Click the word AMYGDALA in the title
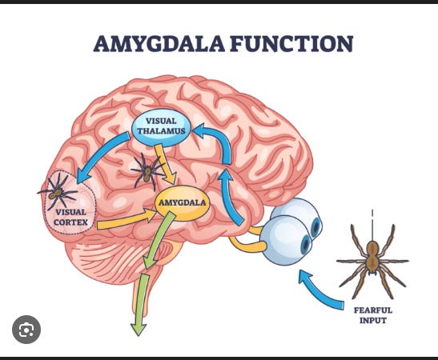(159, 43)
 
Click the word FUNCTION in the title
(292, 43)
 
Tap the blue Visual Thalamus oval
(161, 126)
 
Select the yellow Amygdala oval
(182, 203)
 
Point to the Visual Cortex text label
(70, 217)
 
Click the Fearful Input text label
(373, 315)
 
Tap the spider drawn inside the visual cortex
(58, 192)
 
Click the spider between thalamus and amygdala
(147, 170)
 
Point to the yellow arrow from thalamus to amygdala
(166, 164)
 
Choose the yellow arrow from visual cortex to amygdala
(127, 220)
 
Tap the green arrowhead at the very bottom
(139, 330)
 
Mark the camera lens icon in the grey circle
(26, 330)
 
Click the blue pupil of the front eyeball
(306, 244)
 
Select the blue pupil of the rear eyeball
(316, 227)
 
